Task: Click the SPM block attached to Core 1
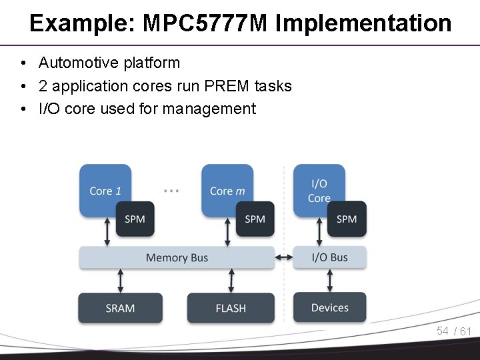[x=135, y=219]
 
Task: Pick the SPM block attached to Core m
[x=255, y=219]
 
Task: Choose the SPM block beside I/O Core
[x=347, y=219]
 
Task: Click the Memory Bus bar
[x=177, y=258]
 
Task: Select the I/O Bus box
[x=330, y=257]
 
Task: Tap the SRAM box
[x=120, y=308]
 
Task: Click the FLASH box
[x=231, y=308]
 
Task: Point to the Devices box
[x=330, y=307]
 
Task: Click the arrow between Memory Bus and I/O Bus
[x=284, y=257]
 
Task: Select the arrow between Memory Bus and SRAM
[x=120, y=281]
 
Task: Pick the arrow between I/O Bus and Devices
[x=330, y=281]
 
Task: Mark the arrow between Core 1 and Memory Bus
[x=107, y=232]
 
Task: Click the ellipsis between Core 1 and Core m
[x=171, y=191]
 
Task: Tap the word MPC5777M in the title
[x=205, y=23]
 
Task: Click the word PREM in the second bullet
[x=226, y=86]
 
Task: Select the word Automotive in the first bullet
[x=79, y=63]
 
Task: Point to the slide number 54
[x=443, y=331]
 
